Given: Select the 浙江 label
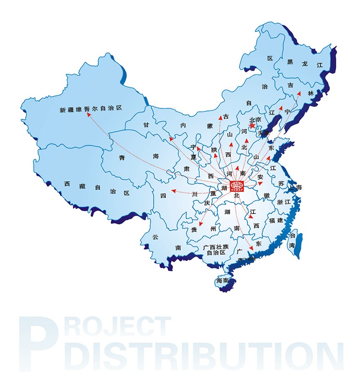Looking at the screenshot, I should (284, 202).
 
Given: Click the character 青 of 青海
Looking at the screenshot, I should (122, 158).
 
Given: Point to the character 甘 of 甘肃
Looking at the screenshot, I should (146, 125).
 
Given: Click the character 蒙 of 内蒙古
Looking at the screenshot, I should (210, 125).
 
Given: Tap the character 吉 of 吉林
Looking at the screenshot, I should (290, 85).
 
